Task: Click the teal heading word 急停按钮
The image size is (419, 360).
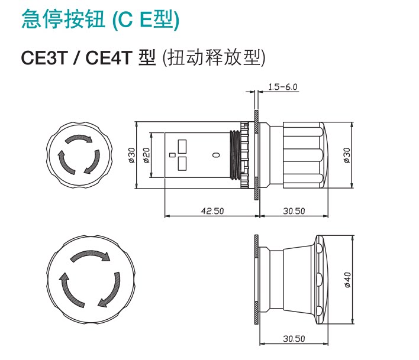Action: [63, 20]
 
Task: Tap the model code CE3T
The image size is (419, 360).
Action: [44, 58]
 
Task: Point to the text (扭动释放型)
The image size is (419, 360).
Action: [214, 58]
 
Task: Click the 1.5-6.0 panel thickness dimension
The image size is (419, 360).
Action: [283, 87]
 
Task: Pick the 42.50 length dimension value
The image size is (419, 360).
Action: [212, 211]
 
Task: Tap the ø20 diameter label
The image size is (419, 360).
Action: [146, 155]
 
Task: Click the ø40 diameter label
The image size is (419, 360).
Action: [347, 280]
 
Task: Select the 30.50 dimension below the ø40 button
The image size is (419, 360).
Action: [294, 339]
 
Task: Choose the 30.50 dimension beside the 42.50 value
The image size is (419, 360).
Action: [294, 211]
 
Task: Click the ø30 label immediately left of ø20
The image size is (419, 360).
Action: [132, 155]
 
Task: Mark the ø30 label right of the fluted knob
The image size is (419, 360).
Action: [347, 155]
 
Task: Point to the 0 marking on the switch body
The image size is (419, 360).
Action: [217, 155]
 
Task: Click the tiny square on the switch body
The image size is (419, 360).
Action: [172, 155]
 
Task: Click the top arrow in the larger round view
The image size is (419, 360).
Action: [91, 255]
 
